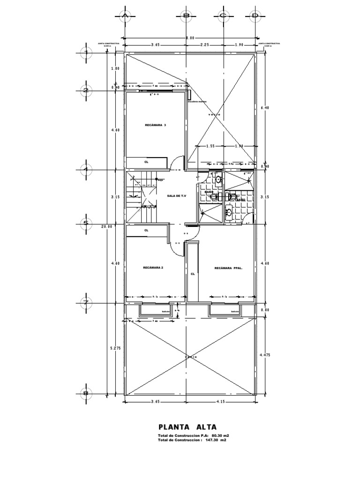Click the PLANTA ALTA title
pyautogui.click(x=187, y=427)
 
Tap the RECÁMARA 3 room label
pyautogui.click(x=156, y=125)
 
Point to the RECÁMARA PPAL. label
pyautogui.click(x=227, y=268)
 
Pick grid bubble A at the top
pyautogui.click(x=125, y=16)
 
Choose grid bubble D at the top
pyautogui.click(x=255, y=16)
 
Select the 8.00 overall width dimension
pyautogui.click(x=189, y=37)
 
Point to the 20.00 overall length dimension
pyautogui.click(x=108, y=226)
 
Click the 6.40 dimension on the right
pyautogui.click(x=264, y=107)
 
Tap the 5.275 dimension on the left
pyautogui.click(x=115, y=348)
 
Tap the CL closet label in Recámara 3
pyautogui.click(x=146, y=162)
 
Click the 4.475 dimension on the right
pyautogui.click(x=265, y=355)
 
